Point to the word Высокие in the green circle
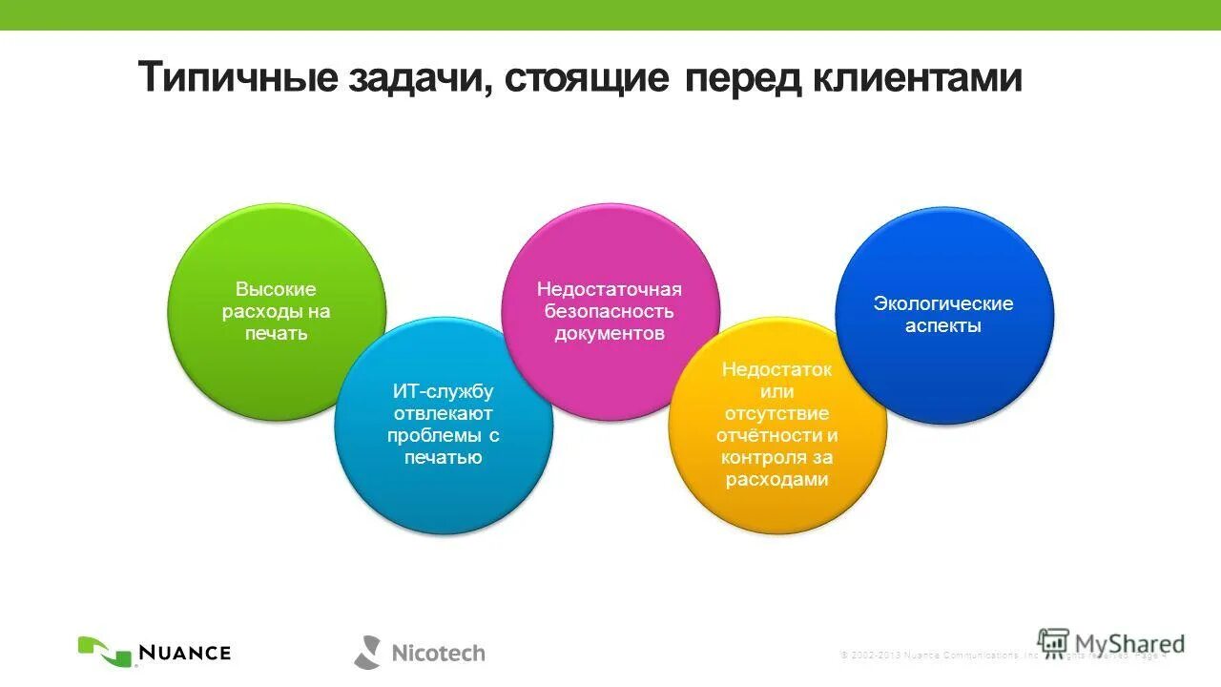(x=276, y=289)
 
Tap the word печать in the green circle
(x=276, y=334)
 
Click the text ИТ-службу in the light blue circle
(x=444, y=391)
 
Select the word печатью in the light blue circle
(x=444, y=458)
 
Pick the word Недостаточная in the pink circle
(x=610, y=289)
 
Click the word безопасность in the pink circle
(x=610, y=311)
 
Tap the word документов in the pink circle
(x=610, y=334)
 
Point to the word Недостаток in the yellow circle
(x=776, y=369)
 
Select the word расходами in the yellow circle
(x=776, y=480)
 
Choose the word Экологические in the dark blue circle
(x=943, y=303)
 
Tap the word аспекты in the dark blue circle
(x=943, y=326)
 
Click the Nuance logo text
(x=185, y=653)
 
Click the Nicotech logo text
(x=438, y=654)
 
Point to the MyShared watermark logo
(x=1111, y=643)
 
